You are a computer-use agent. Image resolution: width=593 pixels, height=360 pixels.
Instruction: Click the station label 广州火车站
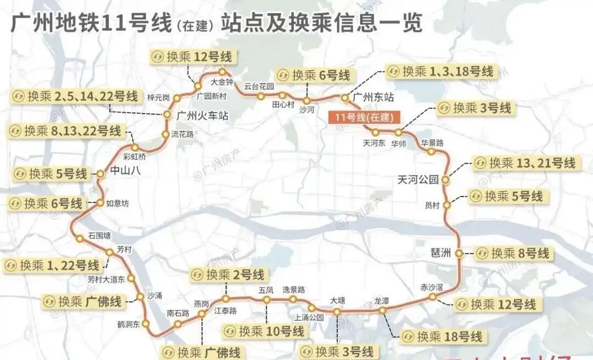pyautogui.click(x=202, y=115)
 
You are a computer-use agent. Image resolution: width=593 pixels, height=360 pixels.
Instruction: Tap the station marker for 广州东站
pyautogui.click(x=345, y=97)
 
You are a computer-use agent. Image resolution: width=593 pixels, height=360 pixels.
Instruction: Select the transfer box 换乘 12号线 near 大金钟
pyautogui.click(x=192, y=57)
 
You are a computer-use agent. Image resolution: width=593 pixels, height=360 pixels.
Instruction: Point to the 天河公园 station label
pyautogui.click(x=418, y=180)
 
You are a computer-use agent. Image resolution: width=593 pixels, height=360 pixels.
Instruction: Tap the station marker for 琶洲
pyautogui.click(x=459, y=253)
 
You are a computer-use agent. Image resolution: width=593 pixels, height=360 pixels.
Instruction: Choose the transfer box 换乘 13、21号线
pyautogui.click(x=525, y=163)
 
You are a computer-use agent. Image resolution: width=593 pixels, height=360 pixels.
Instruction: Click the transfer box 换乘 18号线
pyautogui.click(x=443, y=336)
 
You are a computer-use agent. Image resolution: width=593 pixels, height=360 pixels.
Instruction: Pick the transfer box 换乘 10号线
pyautogui.click(x=265, y=332)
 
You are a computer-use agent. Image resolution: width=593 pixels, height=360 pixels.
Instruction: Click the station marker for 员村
pyautogui.click(x=447, y=206)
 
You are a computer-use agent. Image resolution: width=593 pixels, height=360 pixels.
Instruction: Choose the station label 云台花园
pyautogui.click(x=259, y=86)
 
